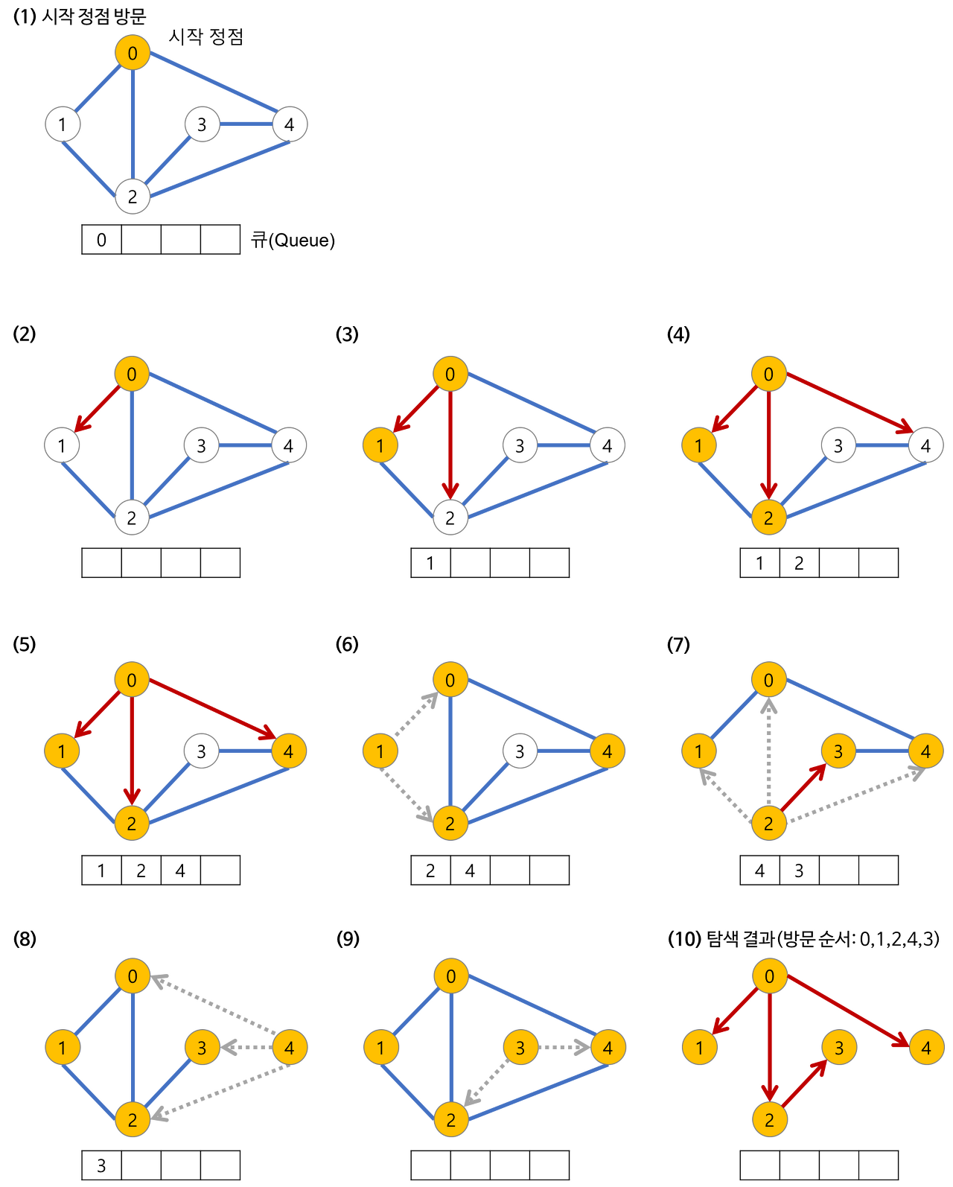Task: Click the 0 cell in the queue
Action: [102, 240]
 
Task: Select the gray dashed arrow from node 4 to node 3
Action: [245, 1048]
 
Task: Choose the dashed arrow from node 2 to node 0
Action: [769, 752]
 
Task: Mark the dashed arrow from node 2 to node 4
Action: [852, 794]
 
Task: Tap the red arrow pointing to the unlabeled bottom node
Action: [450, 443]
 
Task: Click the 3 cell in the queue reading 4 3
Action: [799, 871]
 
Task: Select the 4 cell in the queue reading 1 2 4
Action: [180, 871]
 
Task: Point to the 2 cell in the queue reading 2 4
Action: [430, 871]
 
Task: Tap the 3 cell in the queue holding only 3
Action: [102, 1165]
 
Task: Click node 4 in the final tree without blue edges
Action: [925, 1048]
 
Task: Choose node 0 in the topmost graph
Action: [133, 53]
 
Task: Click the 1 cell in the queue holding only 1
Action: [430, 563]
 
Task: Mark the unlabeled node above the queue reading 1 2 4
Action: [201, 751]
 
